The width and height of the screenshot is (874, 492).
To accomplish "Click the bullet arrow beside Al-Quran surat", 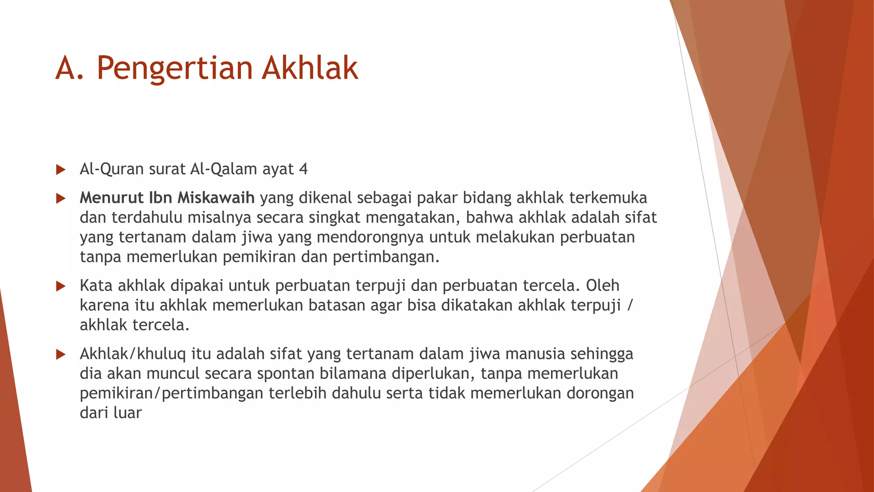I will coord(61,170).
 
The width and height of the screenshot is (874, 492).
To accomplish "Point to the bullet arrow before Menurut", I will coord(61,199).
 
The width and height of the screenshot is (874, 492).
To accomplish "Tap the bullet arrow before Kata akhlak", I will coord(61,286).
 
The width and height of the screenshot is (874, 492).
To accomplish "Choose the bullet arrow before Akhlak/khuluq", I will coord(61,354).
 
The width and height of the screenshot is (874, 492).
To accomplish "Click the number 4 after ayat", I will coord(303,169).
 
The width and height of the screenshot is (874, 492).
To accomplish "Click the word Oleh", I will coord(602,285).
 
